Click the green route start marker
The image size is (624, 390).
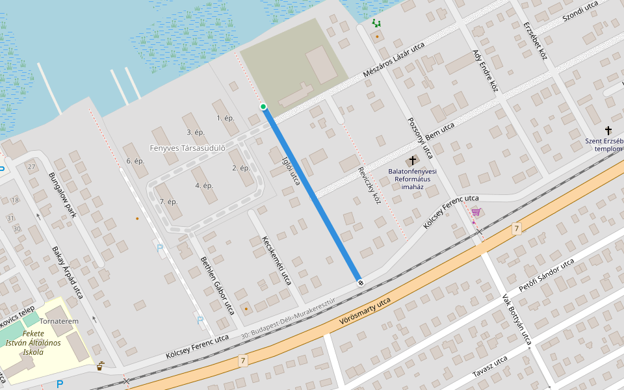pos(263,107)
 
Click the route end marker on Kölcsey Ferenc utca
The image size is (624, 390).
pos(359,282)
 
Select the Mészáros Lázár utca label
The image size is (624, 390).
pos(394,60)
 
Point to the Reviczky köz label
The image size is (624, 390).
pos(369,186)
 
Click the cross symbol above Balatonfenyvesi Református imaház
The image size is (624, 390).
pos(412,160)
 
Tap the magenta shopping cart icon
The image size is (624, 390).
pos(476,212)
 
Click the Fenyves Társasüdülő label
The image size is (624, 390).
pos(188,148)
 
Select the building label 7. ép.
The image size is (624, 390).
pos(168,201)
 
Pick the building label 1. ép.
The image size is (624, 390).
pos(225,118)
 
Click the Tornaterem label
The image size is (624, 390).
pos(58,321)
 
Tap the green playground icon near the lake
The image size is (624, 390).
pos(376,23)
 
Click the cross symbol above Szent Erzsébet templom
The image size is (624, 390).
pos(608,130)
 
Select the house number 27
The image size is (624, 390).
pos(31,167)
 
